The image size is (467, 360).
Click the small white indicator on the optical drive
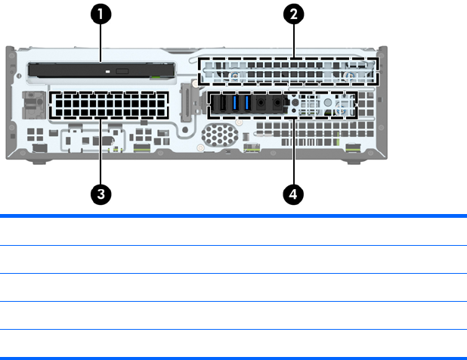point(110,73)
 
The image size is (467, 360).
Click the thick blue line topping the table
point(233,216)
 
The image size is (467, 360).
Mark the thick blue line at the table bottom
point(233,357)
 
